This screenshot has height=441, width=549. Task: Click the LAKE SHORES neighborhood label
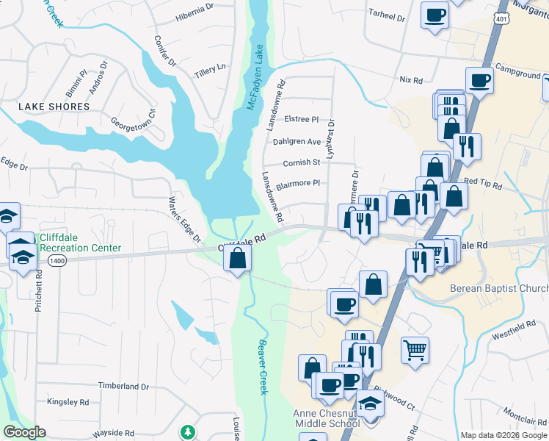pos(54,107)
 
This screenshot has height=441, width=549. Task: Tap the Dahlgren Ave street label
pos(297,141)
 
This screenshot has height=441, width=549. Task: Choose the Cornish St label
pos(302,162)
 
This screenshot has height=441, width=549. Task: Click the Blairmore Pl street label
pos(298,183)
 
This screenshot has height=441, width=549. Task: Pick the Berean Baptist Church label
pos(498,287)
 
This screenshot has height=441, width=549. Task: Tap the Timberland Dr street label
pos(123,386)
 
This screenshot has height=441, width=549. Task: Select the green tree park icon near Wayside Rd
pos(189,431)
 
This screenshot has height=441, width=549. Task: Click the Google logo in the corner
pos(25,432)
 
